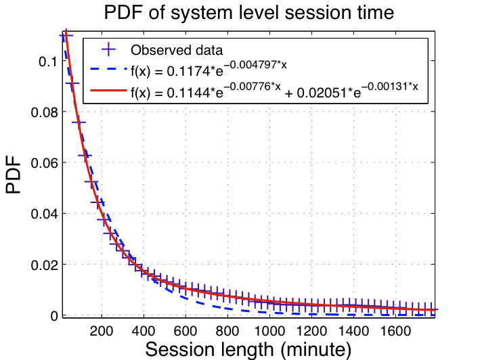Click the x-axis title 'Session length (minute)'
[248, 349]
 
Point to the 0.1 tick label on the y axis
[47, 62]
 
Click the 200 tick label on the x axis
[101, 331]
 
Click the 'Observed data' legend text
[177, 50]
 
